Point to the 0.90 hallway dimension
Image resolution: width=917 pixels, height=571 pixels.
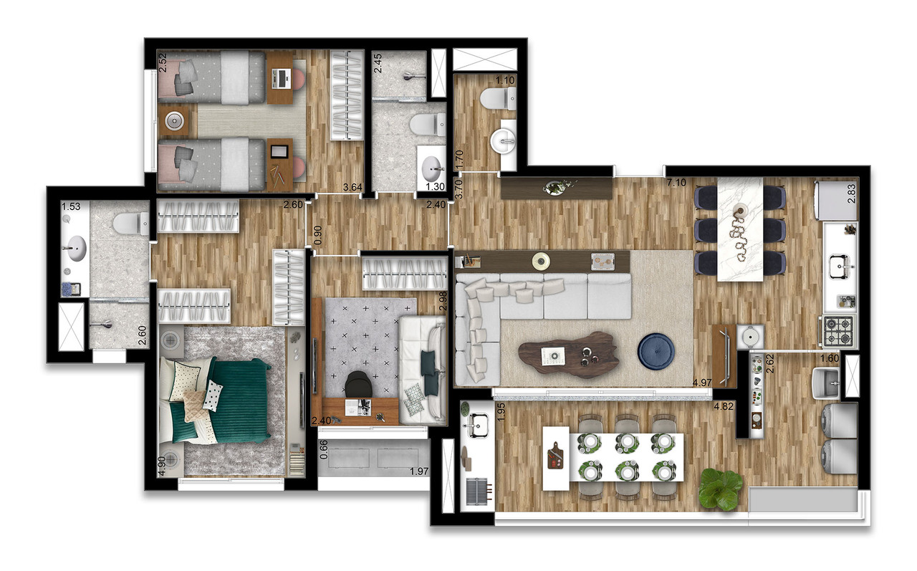317,235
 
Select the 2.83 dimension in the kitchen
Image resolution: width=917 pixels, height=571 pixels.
852,193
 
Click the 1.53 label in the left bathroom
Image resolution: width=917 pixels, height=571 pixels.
71,207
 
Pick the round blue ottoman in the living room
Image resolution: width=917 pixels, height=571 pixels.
658,352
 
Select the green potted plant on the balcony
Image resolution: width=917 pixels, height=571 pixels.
720,489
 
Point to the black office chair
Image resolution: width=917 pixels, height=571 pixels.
358,385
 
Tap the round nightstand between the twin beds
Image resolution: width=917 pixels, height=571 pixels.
173,122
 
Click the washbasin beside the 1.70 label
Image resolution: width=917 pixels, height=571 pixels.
507,140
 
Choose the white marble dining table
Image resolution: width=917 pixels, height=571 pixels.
741,228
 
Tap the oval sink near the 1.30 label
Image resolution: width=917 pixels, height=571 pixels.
432,169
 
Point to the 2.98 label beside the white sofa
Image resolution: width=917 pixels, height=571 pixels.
443,300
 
